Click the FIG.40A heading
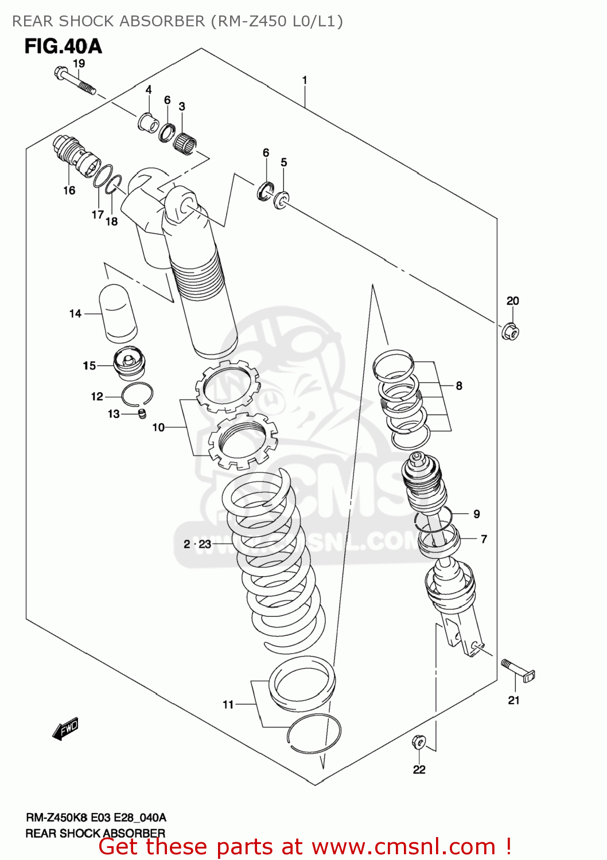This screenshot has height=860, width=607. pos(63,46)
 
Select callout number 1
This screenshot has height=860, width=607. pos(305,80)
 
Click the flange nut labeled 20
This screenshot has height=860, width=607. pos(510,331)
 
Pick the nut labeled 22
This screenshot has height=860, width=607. pos(419,742)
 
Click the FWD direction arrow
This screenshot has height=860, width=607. pos(65,729)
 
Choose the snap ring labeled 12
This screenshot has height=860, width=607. pos(137,394)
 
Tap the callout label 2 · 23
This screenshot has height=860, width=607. pos(197,544)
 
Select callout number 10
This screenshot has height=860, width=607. pos(158,427)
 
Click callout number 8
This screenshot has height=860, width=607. pos(459,386)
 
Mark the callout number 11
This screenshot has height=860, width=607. pos(228,704)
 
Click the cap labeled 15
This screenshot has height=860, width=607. pos(130,364)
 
